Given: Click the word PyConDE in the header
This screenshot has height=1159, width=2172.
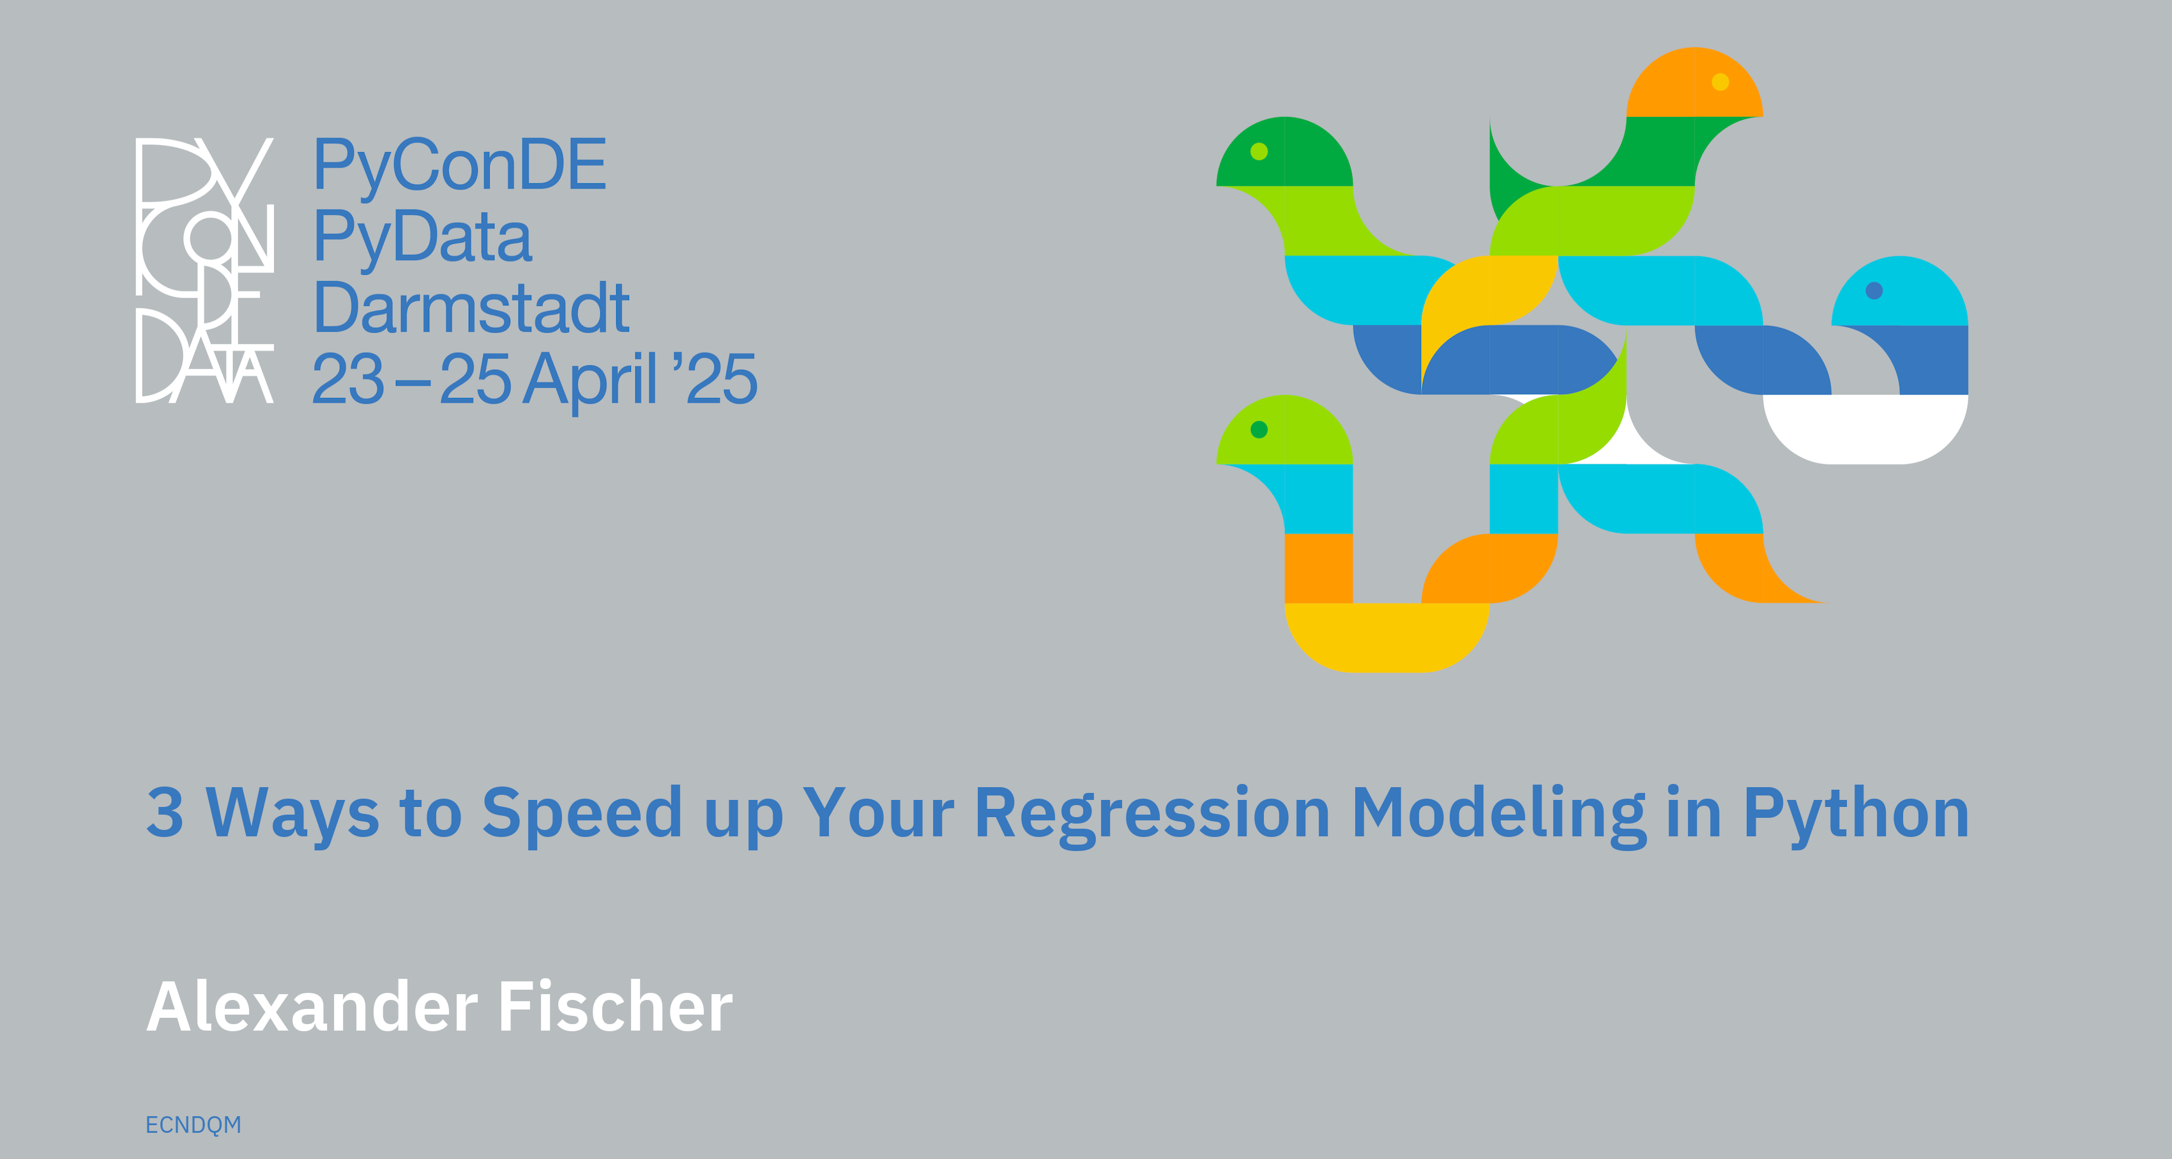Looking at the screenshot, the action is tap(460, 166).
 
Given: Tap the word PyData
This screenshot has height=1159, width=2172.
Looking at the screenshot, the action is tap(422, 238).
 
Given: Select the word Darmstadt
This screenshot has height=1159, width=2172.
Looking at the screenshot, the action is tap(471, 307).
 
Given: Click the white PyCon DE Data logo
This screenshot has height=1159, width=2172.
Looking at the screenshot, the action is tap(205, 270).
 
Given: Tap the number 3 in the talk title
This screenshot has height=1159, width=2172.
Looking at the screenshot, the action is tap(165, 812).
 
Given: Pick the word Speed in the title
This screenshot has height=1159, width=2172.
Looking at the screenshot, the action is tap(582, 815).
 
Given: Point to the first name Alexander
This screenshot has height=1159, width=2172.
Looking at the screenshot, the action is tap(312, 1006).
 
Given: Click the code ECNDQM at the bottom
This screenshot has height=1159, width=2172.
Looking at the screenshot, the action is tap(193, 1125).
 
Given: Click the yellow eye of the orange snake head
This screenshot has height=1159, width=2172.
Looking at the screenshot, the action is tap(1720, 82).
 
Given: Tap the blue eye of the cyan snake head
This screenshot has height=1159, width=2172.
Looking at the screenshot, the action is tap(1874, 291).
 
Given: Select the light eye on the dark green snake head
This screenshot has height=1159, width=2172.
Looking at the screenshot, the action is tap(1259, 152).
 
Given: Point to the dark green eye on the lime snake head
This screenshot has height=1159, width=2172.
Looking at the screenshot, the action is tap(1259, 430).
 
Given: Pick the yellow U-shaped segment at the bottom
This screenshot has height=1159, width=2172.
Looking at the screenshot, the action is tap(1386, 638).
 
